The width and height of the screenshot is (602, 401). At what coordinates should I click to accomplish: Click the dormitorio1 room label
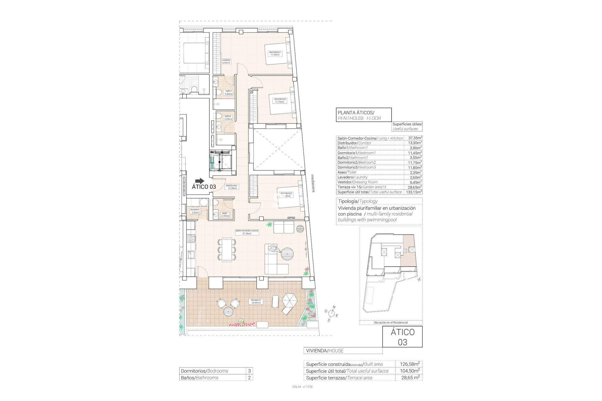275,53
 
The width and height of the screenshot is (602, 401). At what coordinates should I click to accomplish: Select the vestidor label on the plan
226,61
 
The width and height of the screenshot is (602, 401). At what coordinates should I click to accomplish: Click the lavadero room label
195,211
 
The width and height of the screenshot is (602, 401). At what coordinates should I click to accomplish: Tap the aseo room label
225,214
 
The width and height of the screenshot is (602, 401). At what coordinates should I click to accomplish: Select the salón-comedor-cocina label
247,232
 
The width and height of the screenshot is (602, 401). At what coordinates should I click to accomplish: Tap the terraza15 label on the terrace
256,301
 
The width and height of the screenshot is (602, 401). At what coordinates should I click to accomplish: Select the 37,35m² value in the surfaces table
415,138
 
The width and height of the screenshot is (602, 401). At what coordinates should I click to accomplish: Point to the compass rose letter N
334,307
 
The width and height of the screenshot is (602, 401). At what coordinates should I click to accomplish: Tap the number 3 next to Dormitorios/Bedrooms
249,371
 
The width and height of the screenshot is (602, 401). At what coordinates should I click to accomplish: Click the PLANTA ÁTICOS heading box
363,115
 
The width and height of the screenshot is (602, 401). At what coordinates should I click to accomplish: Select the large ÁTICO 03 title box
402,337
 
